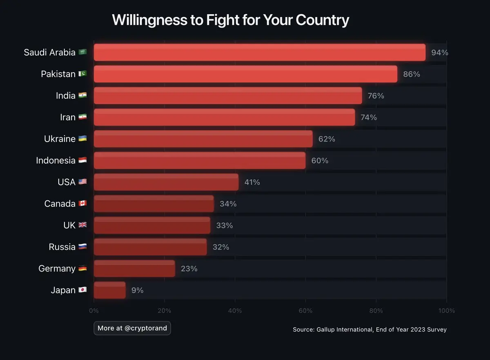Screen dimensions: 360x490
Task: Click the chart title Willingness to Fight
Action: click(230, 20)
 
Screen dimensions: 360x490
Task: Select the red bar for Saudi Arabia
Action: click(260, 52)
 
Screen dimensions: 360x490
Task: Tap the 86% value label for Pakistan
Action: click(412, 74)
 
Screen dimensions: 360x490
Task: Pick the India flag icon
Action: click(82, 96)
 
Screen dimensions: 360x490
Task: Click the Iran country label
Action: click(68, 117)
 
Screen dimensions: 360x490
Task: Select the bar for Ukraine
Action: click(203, 139)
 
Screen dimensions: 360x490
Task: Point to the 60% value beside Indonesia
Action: click(320, 160)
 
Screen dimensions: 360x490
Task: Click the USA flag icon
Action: click(82, 182)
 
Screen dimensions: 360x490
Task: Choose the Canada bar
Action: click(154, 204)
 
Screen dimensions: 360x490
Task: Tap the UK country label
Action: click(69, 225)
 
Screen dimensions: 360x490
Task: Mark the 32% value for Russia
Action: click(221, 247)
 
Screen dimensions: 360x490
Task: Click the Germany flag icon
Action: click(82, 269)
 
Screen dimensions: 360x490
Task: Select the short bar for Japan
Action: click(110, 290)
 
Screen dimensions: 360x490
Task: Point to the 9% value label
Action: click(137, 290)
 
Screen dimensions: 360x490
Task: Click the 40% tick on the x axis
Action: click(235, 311)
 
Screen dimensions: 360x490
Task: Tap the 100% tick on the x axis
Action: click(446, 311)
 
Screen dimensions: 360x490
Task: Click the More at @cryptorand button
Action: click(132, 328)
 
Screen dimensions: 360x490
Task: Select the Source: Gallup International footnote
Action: click(370, 329)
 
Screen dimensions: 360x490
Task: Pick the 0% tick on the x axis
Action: click(94, 311)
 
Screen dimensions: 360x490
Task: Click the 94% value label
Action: click(440, 52)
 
